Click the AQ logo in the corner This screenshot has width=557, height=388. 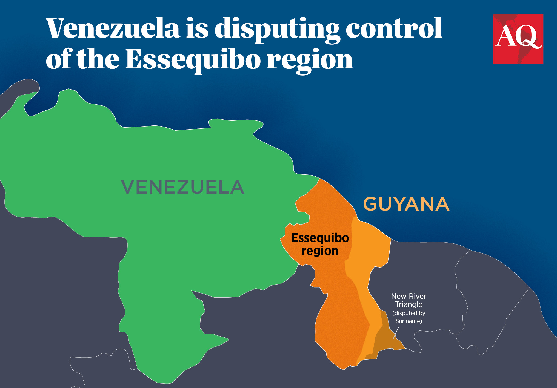coord(518,39)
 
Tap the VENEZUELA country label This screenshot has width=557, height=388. coord(182,187)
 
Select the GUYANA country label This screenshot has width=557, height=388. coord(406,204)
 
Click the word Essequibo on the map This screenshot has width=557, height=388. coord(320,238)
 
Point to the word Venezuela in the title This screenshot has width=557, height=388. coord(113,28)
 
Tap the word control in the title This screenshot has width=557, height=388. coord(394,28)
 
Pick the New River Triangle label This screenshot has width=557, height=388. coord(409,300)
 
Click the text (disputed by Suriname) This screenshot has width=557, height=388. coord(409,317)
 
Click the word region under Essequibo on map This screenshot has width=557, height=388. coord(320,251)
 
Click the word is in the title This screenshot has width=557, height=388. coord(197,28)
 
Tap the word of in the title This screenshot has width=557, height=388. coord(59,59)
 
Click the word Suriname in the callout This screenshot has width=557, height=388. coord(409,321)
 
